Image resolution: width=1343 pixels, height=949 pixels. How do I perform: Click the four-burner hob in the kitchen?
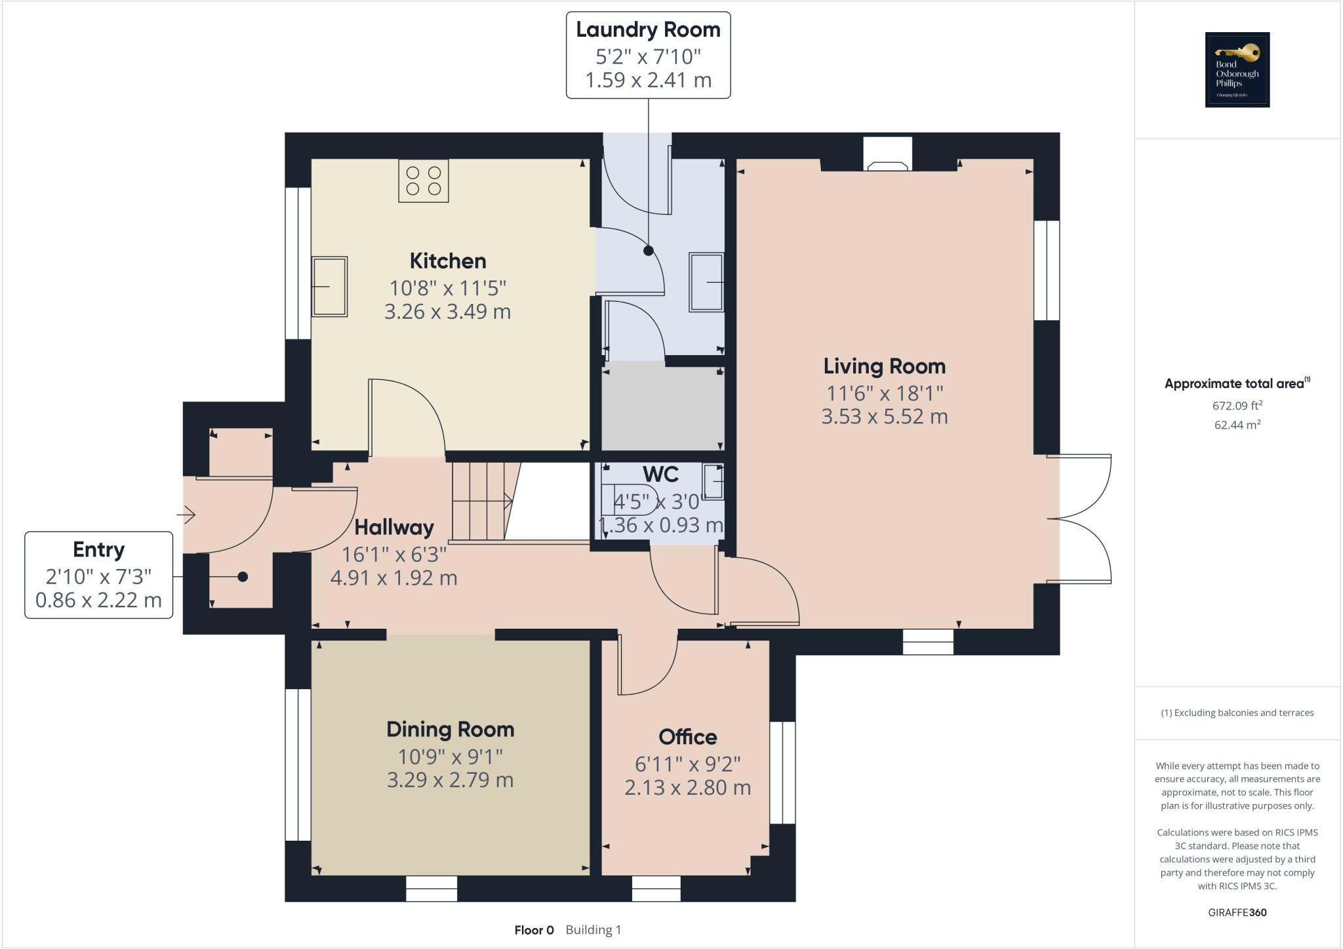point(424,180)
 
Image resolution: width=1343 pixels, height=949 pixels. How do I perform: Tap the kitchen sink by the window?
point(329,287)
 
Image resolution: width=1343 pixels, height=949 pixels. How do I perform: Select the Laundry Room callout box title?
point(648,30)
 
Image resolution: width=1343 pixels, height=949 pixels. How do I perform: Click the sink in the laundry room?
point(706,282)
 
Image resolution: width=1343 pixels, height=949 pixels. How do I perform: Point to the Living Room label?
point(884,366)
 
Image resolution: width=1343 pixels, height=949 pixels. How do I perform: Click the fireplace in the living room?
point(888,155)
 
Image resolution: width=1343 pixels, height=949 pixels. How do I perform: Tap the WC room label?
point(660,474)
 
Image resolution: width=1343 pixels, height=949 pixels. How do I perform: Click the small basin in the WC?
point(713,481)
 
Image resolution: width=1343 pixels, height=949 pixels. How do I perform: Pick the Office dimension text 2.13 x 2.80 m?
point(687,787)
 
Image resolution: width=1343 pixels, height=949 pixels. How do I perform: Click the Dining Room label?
point(450,729)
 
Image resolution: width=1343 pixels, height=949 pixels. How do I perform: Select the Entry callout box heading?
point(98,549)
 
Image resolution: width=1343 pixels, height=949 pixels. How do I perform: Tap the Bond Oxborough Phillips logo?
point(1237,70)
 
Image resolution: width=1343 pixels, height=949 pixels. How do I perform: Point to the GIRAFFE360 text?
point(1237,912)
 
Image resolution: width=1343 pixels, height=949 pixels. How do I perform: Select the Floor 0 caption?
point(534,930)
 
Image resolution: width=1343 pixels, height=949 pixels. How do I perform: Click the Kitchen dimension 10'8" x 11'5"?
point(447,287)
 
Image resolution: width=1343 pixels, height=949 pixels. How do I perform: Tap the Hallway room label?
point(393,527)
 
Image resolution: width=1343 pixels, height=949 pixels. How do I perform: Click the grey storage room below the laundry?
point(662,407)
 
